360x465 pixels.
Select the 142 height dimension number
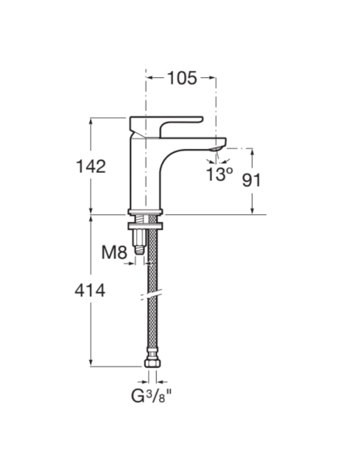click(x=90, y=166)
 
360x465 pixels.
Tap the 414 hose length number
click(x=90, y=291)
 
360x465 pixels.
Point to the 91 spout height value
click(x=252, y=180)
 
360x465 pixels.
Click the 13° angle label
click(x=219, y=174)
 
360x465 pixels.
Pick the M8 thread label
click(x=115, y=253)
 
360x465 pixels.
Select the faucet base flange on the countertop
click(x=145, y=211)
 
